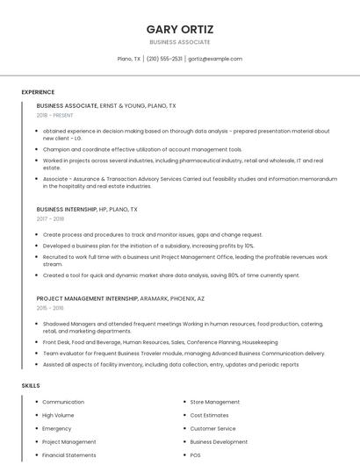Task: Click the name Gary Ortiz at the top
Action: [180, 29]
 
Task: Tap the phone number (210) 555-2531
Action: [164, 59]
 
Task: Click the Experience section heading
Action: [38, 92]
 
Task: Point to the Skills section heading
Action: [31, 385]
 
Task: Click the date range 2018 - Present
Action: [56, 115]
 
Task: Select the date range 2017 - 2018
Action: [51, 219]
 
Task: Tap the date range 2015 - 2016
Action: [51, 308]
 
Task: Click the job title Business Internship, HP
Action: [87, 210]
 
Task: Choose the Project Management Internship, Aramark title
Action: [120, 298]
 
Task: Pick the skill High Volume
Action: [58, 415]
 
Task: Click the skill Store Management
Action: [215, 402]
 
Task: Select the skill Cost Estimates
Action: [210, 415]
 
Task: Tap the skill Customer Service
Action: [213, 428]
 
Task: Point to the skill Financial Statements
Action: [69, 455]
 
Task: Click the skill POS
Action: [196, 455]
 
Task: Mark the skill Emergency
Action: [57, 428]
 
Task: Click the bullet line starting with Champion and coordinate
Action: [142, 149]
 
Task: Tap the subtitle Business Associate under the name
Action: [180, 42]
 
